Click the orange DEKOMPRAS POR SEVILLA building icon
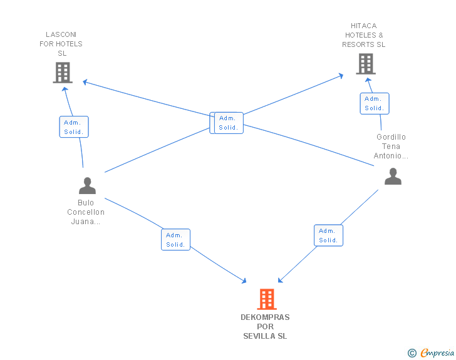coord(267,299)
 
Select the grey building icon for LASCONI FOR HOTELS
coord(63,73)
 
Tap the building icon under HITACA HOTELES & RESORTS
coord(366,64)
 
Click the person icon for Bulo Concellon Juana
coord(87,185)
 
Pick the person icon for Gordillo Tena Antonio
coord(393,176)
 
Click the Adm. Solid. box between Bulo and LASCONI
coord(74,127)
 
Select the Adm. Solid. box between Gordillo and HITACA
coord(375,103)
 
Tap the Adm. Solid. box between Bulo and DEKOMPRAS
coord(175,240)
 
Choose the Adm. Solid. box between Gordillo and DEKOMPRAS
coord(329,235)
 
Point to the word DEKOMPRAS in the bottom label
coord(265,317)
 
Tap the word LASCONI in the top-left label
coord(61,34)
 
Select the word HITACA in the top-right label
coord(363,26)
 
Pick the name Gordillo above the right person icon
coord(391,137)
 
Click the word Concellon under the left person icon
coord(86,212)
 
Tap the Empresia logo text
coord(437,352)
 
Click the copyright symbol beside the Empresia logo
coord(412,353)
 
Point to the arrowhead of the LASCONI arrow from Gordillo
coord(85,82)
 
